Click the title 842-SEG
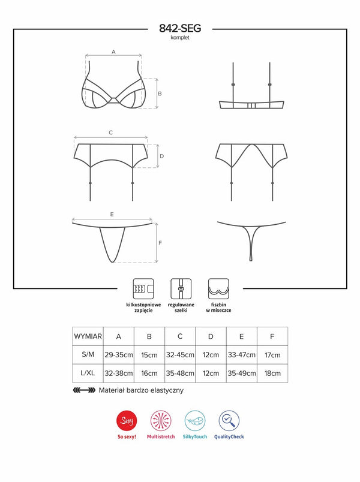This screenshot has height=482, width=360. point(180,28)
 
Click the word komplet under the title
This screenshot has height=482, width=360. point(180,38)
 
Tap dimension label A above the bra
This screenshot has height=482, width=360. point(113,52)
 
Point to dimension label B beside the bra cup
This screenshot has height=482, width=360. point(160,94)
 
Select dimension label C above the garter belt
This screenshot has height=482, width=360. point(111,132)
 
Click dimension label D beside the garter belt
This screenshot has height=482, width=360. point(162,156)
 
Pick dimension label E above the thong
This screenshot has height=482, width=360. point(112,214)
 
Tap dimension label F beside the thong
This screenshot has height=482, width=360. point(160,243)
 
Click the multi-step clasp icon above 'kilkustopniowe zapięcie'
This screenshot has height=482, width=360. point(143,289)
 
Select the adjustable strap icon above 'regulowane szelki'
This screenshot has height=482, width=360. point(181,289)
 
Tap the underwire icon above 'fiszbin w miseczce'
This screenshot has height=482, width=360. point(218,289)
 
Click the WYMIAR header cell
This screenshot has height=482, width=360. point(88,336)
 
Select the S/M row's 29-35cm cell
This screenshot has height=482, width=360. point(119,355)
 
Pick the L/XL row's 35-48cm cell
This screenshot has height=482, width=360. point(180,373)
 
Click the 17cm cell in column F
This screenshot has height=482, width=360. point(272,355)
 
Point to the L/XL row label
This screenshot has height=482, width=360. point(88,373)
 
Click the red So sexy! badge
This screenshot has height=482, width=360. point(127,420)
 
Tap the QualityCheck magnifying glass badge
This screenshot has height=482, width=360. point(229,420)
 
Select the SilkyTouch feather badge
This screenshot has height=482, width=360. point(195,420)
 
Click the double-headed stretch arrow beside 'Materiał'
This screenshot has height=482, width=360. point(84,390)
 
